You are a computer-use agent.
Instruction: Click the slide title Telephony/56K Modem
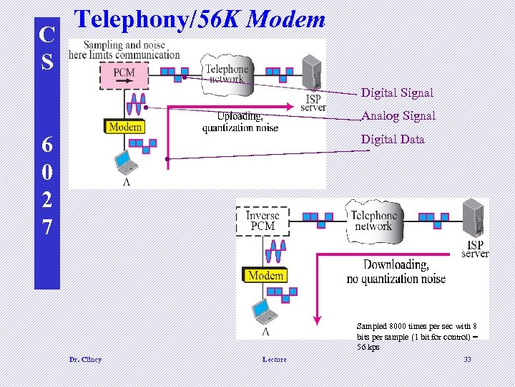[200, 19]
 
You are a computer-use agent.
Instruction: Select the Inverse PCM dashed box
[263, 221]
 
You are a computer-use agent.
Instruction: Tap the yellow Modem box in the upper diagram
[125, 127]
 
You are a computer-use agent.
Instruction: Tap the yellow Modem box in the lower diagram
[266, 275]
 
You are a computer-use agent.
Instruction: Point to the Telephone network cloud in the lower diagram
[373, 220]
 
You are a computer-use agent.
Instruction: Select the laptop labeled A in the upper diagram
[126, 163]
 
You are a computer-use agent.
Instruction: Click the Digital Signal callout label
[397, 92]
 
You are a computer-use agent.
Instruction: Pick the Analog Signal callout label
[398, 115]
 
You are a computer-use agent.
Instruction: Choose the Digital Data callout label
[393, 139]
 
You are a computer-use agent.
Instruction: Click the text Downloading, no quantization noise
[396, 272]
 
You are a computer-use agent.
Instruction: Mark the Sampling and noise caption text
[126, 49]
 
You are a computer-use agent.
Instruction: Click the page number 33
[467, 359]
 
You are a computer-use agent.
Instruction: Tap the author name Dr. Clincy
[85, 359]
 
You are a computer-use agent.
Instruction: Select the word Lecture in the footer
[274, 359]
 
